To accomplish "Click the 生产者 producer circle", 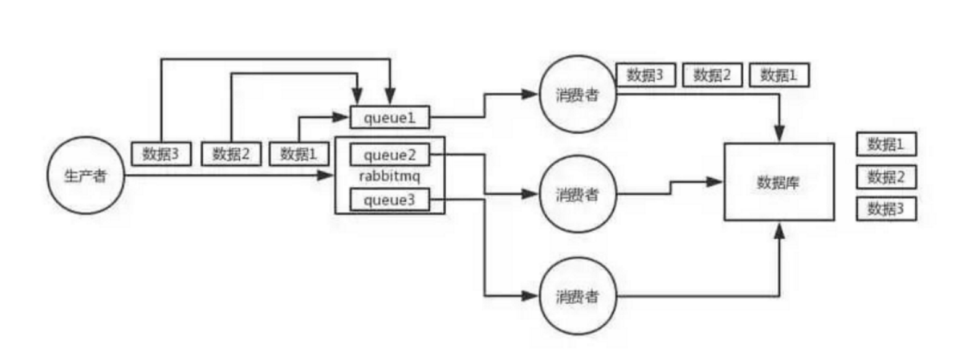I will pyautogui.click(x=86, y=176).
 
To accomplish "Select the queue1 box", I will pyautogui.click(x=390, y=118).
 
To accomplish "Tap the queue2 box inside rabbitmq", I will pyautogui.click(x=390, y=155).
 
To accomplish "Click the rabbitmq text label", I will pyautogui.click(x=390, y=177).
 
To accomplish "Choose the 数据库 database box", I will pyautogui.click(x=778, y=182).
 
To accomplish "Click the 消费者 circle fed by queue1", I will pyautogui.click(x=578, y=95).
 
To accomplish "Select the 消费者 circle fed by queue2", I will pyautogui.click(x=578, y=194).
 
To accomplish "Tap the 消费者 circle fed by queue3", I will pyautogui.click(x=578, y=296).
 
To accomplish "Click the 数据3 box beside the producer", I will pyautogui.click(x=161, y=154).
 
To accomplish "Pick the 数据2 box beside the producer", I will pyautogui.click(x=231, y=154).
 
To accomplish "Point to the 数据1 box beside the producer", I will pyautogui.click(x=299, y=154).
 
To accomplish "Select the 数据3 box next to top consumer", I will pyautogui.click(x=645, y=75).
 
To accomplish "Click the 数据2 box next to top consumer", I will pyautogui.click(x=712, y=75).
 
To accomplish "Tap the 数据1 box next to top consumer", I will pyautogui.click(x=778, y=75).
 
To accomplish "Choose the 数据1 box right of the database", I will pyautogui.click(x=885, y=145).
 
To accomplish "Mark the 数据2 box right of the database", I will pyautogui.click(x=885, y=178).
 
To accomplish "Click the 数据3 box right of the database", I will pyautogui.click(x=885, y=210).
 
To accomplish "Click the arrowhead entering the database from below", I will pyautogui.click(x=780, y=229).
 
